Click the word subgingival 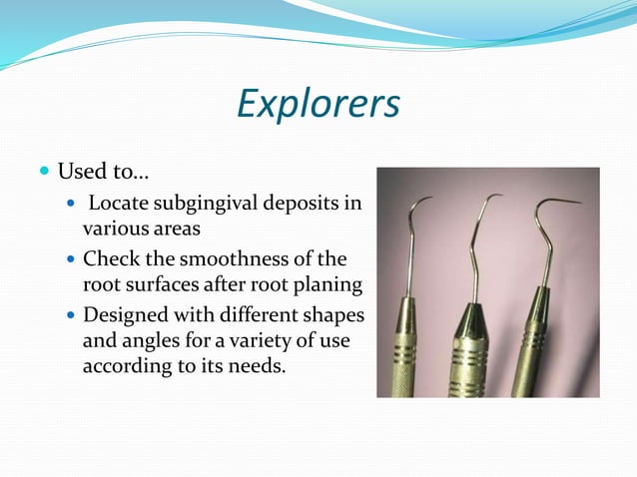(x=211, y=206)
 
